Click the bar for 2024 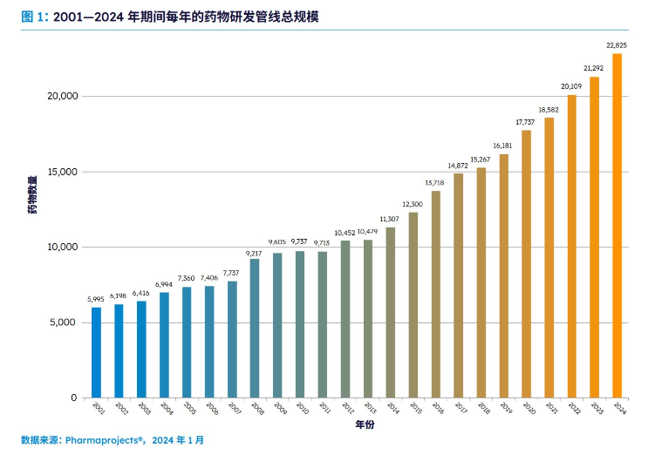point(617,226)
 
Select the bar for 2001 point(96,352)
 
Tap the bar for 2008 point(255,328)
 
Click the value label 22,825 point(617,44)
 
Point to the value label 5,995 point(96,299)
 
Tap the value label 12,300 point(413,204)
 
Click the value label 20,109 point(572,85)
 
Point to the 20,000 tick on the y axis point(62,96)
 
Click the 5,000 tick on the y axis point(65,323)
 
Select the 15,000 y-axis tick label point(62,172)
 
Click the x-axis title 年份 point(365,426)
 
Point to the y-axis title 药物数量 point(32,194)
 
